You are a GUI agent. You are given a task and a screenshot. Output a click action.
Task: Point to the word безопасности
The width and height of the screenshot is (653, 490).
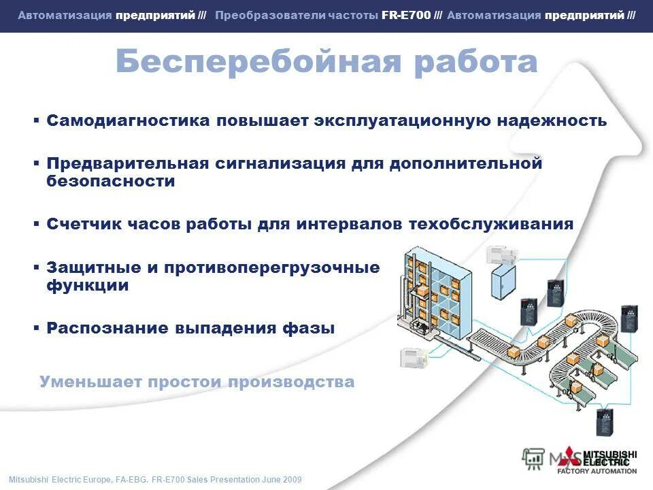click(110, 182)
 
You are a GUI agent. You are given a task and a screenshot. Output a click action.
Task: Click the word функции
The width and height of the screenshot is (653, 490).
click(87, 286)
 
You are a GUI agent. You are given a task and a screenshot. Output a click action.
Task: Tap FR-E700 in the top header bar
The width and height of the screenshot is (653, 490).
click(406, 15)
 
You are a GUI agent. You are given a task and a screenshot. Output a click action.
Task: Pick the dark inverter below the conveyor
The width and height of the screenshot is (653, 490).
click(604, 422)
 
